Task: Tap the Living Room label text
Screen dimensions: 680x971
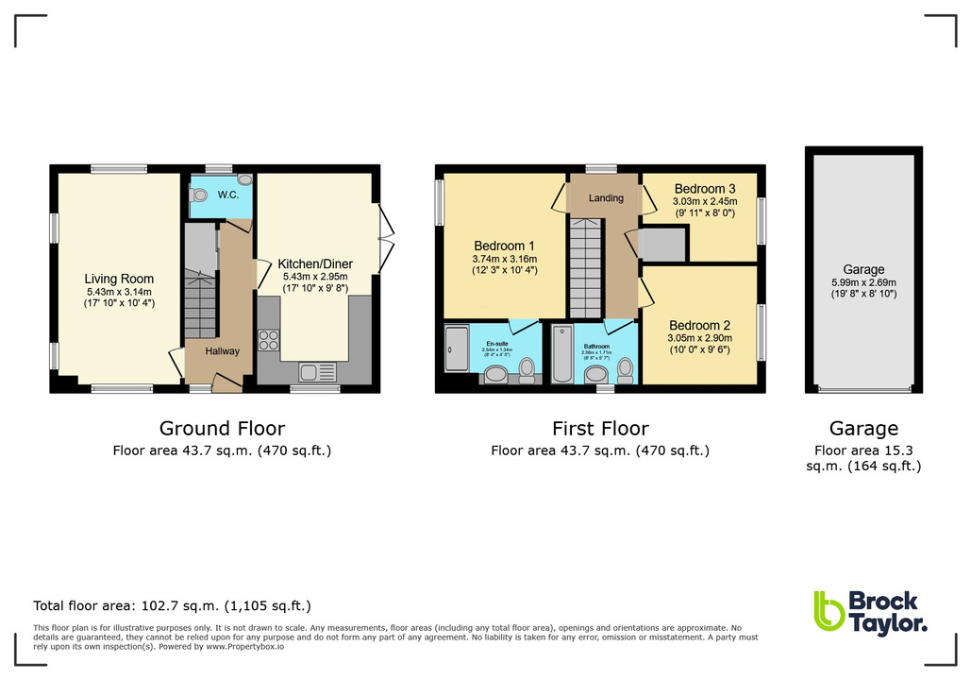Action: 119,279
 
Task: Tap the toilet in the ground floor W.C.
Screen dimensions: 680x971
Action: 197,194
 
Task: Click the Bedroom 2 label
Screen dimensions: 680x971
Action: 700,324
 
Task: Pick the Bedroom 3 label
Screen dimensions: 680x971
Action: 704,189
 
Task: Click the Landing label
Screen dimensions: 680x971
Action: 606,198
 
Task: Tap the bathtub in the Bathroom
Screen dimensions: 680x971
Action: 561,355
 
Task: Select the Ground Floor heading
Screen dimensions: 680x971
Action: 222,429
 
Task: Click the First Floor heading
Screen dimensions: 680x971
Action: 599,429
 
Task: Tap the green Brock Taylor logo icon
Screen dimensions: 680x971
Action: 829,611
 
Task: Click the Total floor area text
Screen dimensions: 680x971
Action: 172,605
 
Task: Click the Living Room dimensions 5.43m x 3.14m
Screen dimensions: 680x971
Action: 119,292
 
